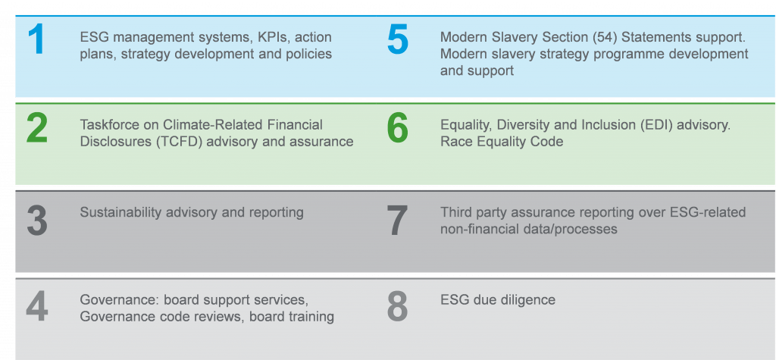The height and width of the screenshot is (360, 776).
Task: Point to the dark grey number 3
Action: pyautogui.click(x=37, y=221)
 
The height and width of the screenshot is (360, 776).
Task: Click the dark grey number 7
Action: pyautogui.click(x=397, y=221)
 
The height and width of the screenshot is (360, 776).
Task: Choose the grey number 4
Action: pyautogui.click(x=37, y=306)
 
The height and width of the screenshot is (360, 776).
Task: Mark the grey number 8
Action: pyautogui.click(x=397, y=306)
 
